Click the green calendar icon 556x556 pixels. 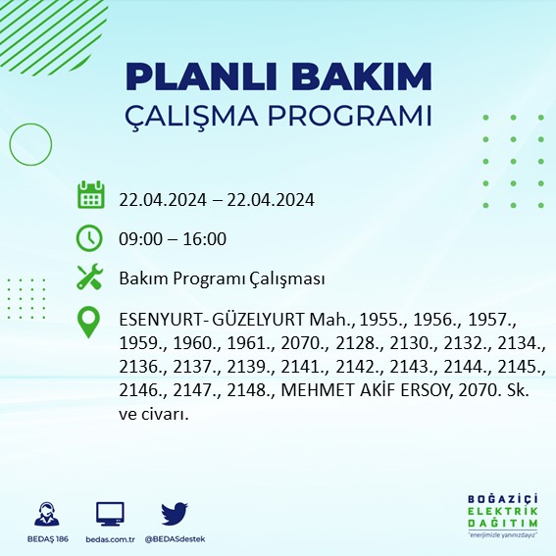(90, 195)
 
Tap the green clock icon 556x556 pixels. (90, 237)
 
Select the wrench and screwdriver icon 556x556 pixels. (90, 278)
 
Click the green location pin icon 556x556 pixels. (90, 323)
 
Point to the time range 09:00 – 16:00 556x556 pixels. (173, 239)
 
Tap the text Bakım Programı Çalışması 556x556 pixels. (222, 279)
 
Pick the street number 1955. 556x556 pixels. (380, 321)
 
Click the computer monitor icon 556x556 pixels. (110, 513)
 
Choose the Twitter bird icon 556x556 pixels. (175, 513)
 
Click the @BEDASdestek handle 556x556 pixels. (175, 539)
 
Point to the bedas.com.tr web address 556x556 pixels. (110, 539)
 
